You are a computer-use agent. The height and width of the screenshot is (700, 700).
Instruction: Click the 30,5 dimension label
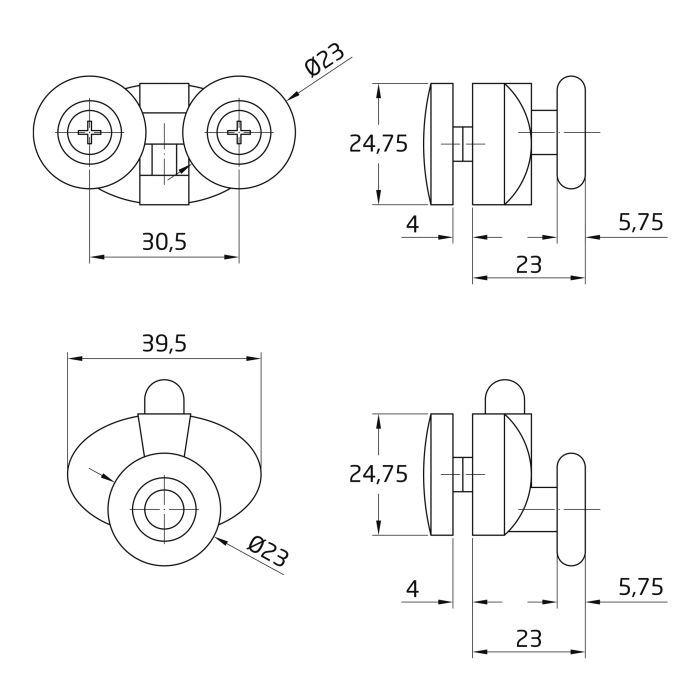coord(164,242)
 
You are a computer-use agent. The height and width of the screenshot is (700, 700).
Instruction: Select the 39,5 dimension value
coord(164,344)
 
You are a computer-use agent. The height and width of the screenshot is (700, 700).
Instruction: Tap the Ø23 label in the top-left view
coord(325,60)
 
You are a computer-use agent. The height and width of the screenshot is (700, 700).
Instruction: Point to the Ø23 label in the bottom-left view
coord(268,551)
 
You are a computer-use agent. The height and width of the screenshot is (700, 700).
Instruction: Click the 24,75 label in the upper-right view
coord(378,144)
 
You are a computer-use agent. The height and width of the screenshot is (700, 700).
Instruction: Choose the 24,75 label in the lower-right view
coord(378,474)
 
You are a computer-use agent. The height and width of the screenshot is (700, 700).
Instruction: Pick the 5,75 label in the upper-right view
coord(641,222)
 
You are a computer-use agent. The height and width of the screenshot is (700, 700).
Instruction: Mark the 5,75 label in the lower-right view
coord(641,587)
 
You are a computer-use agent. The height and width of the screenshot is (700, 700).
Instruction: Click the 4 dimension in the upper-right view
coord(412,224)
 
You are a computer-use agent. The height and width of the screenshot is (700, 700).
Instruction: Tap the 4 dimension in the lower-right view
coord(412,589)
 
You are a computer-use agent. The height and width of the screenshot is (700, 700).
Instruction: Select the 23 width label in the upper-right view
coord(529,265)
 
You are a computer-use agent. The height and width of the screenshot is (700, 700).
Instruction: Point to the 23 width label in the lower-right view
coord(529,638)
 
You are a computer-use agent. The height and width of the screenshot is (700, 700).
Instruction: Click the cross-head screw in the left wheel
coord(90,132)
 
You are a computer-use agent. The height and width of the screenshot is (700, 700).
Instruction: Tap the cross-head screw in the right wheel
coord(239,132)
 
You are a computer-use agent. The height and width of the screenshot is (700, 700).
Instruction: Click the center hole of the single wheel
coord(164,510)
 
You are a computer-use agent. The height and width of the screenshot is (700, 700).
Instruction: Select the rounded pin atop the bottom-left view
coord(164,397)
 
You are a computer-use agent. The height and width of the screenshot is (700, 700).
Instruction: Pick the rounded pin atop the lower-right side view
coord(505,397)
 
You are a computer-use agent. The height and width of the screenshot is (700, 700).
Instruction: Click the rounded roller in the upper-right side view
coord(571,132)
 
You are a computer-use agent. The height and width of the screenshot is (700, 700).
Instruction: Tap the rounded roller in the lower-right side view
coord(571,509)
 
